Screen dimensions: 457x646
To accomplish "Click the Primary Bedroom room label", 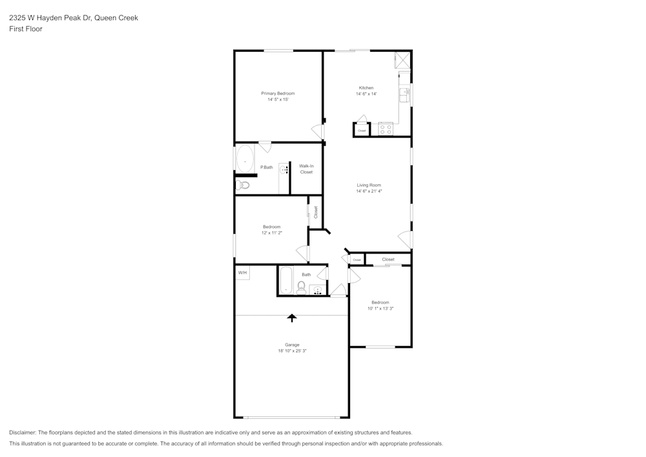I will (x=278, y=93).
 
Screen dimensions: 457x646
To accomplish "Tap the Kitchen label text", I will (x=366, y=88).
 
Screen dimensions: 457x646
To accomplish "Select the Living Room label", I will (x=369, y=186).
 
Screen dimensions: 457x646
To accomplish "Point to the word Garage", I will (x=292, y=345).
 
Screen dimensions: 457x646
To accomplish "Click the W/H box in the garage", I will (x=242, y=273).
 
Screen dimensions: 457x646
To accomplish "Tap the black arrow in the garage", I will (x=292, y=317).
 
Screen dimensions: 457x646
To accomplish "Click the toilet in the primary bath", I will (x=244, y=186).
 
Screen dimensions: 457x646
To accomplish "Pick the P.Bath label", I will (x=266, y=167).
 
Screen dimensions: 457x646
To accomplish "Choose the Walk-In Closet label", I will (x=306, y=169).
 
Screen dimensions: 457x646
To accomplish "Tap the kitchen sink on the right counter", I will (x=405, y=95).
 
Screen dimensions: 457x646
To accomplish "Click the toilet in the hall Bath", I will (x=301, y=288).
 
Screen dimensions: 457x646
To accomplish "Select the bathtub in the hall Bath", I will (x=285, y=281).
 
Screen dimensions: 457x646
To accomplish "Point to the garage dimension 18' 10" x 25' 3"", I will (x=292, y=351).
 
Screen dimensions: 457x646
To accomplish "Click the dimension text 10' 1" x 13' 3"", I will (x=380, y=309).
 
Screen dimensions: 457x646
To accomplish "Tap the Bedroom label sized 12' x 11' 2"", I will (x=272, y=226).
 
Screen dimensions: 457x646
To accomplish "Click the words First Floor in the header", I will (x=26, y=29).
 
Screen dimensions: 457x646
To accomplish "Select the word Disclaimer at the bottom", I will (x=23, y=432).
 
